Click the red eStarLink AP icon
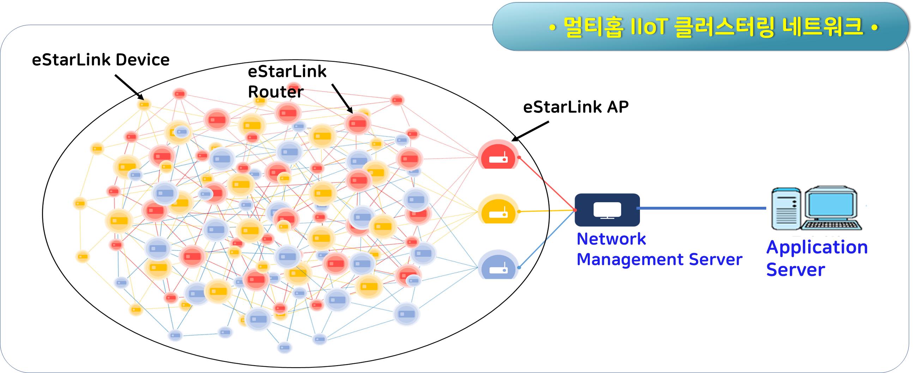click(498, 155)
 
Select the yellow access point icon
click(498, 210)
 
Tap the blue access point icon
click(498, 266)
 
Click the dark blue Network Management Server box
click(607, 210)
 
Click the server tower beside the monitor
click(786, 209)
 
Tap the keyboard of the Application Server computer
click(831, 225)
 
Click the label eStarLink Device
click(101, 60)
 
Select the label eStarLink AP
click(576, 107)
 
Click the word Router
click(276, 92)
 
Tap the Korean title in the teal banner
click(712, 27)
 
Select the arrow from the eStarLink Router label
click(341, 98)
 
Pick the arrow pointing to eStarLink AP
click(530, 131)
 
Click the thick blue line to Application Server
click(702, 208)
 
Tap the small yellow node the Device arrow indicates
click(144, 104)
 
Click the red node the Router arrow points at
click(357, 124)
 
